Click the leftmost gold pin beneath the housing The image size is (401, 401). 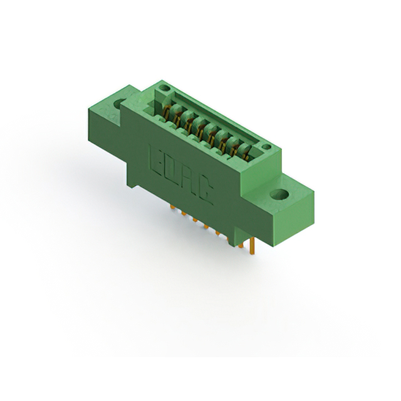pyautogui.click(x=170, y=207)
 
